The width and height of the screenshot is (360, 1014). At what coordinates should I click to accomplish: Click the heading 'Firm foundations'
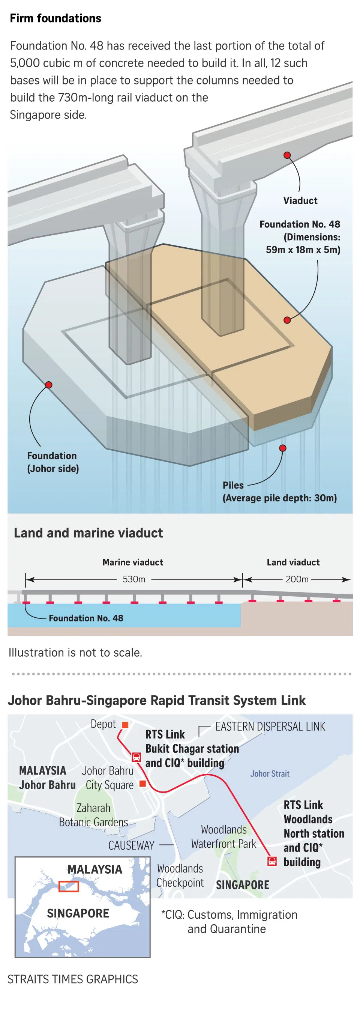55,18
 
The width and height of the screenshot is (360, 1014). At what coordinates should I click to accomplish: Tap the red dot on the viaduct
287,155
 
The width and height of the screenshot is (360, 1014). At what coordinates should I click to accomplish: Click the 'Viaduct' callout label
300,201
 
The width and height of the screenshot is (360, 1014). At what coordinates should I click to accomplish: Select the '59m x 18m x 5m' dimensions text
303,250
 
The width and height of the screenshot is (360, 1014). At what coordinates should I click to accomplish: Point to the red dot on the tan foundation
287,320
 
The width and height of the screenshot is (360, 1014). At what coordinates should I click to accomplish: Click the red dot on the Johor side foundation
49,385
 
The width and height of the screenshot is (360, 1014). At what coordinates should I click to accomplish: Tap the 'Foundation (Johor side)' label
53,462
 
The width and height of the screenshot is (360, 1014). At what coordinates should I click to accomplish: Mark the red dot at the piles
282,448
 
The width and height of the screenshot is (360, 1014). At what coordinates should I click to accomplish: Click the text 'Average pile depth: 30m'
280,498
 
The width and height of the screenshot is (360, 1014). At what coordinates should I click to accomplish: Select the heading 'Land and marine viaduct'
88,533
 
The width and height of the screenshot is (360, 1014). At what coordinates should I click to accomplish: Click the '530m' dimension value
134,579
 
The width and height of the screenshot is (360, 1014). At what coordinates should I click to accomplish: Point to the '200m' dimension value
297,579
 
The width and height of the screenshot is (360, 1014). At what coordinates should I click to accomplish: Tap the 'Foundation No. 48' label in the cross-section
86,618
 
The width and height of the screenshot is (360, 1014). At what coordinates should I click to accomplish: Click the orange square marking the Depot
125,725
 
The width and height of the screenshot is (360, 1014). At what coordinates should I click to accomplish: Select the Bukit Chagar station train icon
136,757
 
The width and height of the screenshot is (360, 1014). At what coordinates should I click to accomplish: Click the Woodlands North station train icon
272,861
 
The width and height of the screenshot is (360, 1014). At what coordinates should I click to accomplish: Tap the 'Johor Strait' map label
270,774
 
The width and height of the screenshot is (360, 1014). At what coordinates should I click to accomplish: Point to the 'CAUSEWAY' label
131,845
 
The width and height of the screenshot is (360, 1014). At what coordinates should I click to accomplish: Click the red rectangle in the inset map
69,886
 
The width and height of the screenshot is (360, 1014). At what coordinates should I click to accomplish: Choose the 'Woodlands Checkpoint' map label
180,876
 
